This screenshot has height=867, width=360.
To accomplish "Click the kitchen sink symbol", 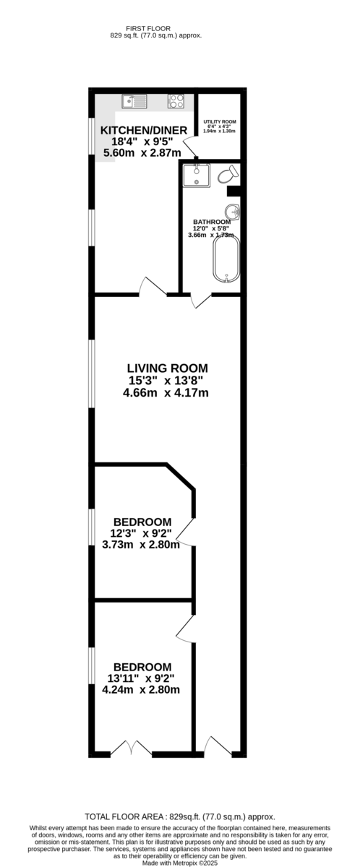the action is click(134, 101).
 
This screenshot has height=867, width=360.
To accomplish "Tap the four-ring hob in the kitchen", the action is click(176, 101).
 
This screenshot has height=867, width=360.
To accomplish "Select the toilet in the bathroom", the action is click(228, 175).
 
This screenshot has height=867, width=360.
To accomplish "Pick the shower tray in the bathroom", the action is click(197, 176).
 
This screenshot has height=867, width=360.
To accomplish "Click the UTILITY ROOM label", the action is click(220, 121).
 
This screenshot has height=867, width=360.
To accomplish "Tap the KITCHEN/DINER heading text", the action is click(144, 131).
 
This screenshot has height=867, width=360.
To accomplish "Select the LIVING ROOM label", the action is click(168, 368).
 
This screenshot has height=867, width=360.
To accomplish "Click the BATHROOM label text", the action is click(212, 223).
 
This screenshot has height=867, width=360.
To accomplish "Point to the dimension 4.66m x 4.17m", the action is click(166, 393).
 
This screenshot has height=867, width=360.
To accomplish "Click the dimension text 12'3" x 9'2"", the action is click(140, 533).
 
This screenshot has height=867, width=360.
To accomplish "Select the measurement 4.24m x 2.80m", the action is click(141, 689).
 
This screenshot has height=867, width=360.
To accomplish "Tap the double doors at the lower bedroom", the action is click(132, 748).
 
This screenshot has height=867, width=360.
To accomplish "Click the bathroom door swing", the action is click(202, 301).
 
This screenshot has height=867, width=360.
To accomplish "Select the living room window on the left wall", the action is click(92, 374).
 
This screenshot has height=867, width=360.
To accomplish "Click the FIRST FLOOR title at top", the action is click(148, 29).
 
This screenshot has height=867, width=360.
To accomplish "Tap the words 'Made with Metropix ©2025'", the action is click(180, 863).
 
